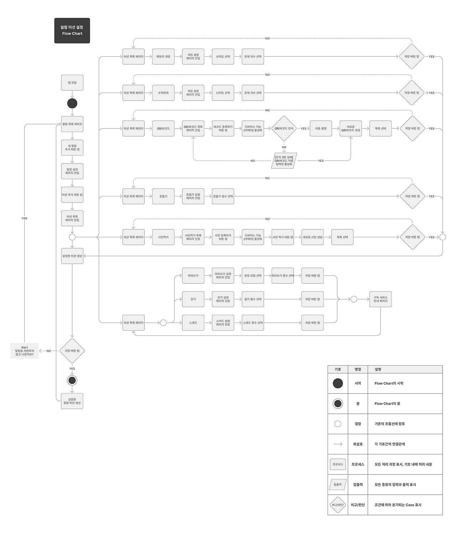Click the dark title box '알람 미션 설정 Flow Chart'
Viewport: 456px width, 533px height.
click(x=72, y=31)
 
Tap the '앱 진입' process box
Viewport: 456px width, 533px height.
click(x=72, y=83)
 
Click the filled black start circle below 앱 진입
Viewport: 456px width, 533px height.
click(x=72, y=104)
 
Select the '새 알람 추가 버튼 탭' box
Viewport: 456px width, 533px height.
click(x=72, y=148)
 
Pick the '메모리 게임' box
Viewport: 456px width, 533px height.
click(x=163, y=57)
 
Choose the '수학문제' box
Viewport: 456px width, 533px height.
click(x=163, y=93)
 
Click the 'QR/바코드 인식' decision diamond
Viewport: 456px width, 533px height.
click(x=284, y=129)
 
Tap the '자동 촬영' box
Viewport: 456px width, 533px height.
click(x=321, y=129)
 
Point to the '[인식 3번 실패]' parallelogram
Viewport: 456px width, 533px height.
click(x=284, y=161)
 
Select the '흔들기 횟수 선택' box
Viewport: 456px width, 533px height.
click(x=223, y=196)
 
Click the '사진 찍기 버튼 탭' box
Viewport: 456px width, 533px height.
click(x=283, y=237)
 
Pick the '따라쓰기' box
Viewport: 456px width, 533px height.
click(x=193, y=276)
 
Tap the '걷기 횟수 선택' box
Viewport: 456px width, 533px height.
click(x=253, y=299)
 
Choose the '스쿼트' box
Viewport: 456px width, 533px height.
click(x=193, y=323)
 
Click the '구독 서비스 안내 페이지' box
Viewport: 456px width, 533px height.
click(x=380, y=299)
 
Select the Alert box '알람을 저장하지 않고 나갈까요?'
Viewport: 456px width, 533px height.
click(x=25, y=351)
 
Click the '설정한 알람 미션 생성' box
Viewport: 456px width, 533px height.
click(x=72, y=401)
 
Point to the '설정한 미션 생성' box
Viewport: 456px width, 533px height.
click(x=72, y=256)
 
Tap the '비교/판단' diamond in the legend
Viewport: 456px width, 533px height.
click(x=338, y=505)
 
